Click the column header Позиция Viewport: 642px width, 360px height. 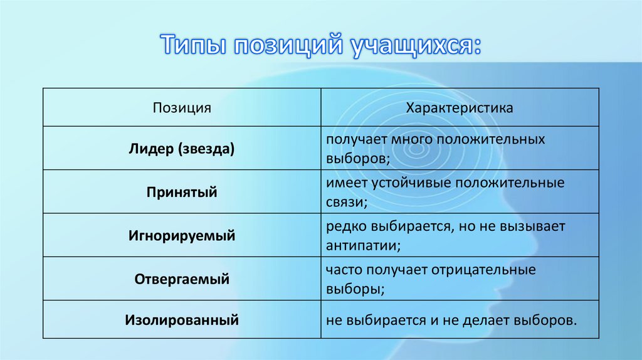182,108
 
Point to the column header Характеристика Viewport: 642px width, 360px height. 460,108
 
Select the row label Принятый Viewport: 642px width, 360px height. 182,193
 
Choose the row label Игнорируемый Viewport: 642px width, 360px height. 182,236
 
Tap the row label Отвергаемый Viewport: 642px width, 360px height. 182,279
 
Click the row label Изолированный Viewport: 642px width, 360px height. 182,320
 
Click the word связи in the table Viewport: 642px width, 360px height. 344,203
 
